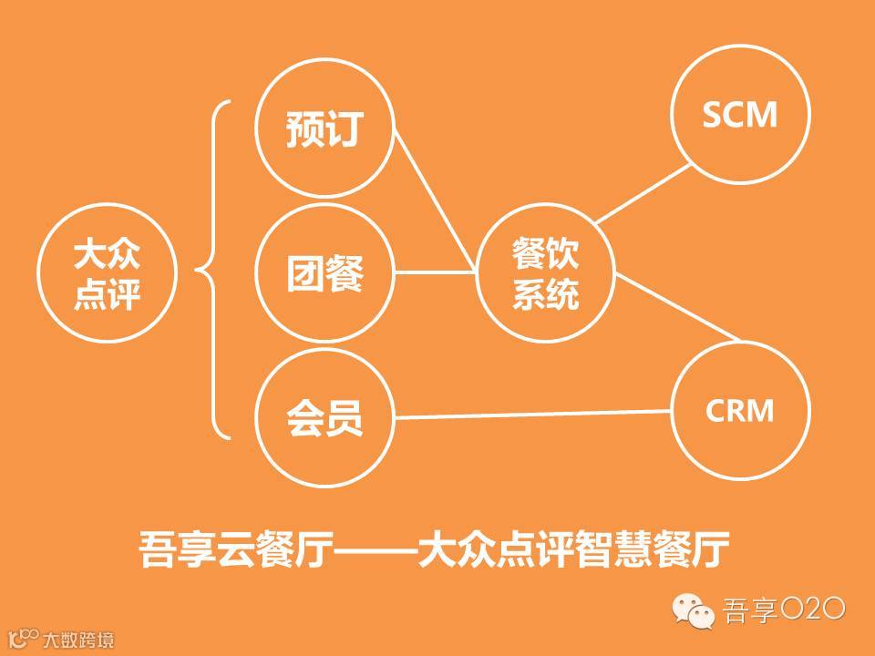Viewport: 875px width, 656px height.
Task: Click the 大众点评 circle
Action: click(107, 272)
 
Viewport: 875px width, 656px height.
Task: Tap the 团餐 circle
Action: click(324, 272)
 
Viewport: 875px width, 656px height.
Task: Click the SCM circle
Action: click(739, 115)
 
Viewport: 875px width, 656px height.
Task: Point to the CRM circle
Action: click(739, 411)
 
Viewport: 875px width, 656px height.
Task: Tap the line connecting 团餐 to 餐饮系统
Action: click(435, 272)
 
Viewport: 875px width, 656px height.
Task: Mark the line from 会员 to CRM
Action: click(533, 415)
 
